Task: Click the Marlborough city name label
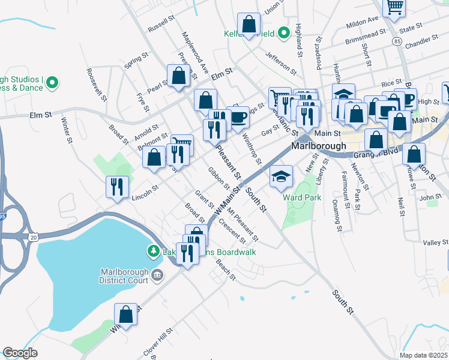tap(319, 146)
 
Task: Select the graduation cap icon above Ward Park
tap(280, 177)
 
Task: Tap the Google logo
tap(20, 353)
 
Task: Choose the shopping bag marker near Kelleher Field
tap(249, 25)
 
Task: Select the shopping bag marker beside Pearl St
tap(179, 76)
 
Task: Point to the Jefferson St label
tap(281, 61)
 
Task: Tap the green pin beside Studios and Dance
tap(52, 82)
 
